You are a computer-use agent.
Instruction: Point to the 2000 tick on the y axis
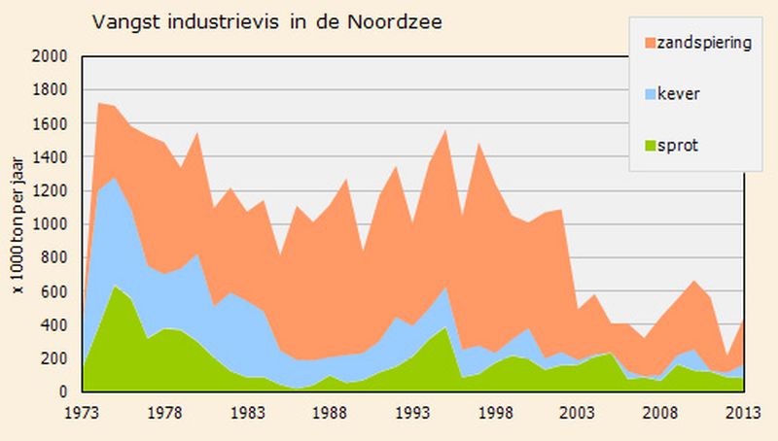tap(51, 56)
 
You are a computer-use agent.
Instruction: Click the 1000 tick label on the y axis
tap(51, 224)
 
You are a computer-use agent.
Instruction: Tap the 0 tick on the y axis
tap(62, 392)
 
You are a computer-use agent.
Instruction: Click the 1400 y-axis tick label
tap(51, 157)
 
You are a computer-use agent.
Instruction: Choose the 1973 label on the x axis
tap(82, 411)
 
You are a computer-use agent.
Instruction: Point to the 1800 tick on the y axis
tap(51, 90)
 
